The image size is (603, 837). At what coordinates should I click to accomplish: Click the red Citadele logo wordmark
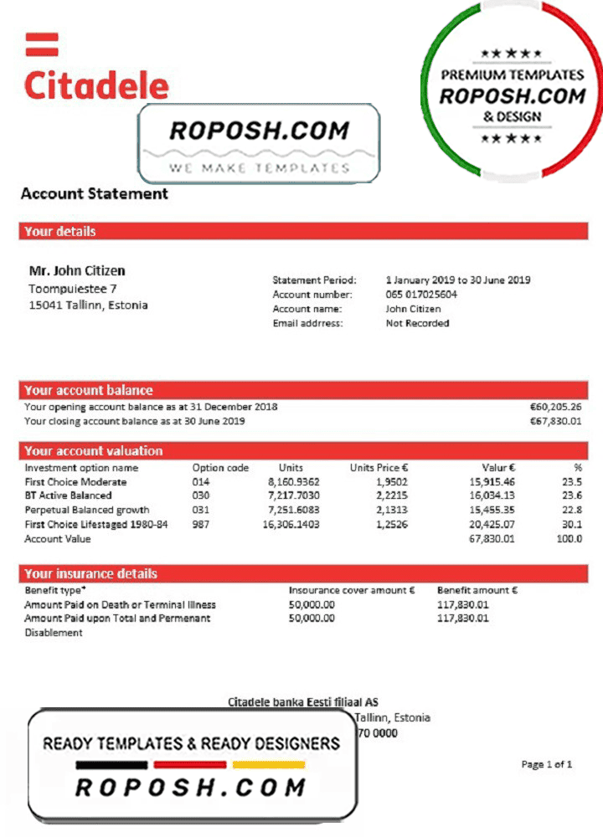pos(96,85)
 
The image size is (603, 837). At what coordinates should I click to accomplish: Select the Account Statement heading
pos(94,193)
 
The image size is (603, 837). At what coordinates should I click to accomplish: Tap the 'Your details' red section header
pos(59,232)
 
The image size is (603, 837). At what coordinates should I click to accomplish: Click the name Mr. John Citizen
pos(77,271)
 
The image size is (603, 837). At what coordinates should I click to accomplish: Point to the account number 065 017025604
pos(421,295)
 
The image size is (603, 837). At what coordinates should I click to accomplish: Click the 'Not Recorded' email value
pos(417,323)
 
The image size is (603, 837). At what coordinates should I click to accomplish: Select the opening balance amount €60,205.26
pos(555,407)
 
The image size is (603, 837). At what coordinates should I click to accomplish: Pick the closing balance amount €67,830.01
pos(555,421)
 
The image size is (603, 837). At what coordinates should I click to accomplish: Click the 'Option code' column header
pos(220,468)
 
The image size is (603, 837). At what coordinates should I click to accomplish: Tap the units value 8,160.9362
pos(293,482)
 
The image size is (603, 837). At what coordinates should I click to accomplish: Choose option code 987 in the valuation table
pos(201,525)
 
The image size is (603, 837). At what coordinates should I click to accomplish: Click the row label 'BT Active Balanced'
pos(68,496)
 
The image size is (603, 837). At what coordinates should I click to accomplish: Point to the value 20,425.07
pos(492,525)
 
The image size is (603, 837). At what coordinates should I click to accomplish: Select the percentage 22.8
pos(572,511)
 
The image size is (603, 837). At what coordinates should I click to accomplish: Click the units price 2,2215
pos(391,496)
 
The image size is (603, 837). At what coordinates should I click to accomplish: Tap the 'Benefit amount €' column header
pos(477,590)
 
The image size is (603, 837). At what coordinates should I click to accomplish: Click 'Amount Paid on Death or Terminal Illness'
pos(120,604)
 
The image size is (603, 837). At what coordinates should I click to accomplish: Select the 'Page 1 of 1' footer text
pos(547,764)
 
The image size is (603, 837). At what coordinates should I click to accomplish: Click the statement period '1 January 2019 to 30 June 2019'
pos(457,280)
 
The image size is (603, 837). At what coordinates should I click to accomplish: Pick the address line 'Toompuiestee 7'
pos(72,289)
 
